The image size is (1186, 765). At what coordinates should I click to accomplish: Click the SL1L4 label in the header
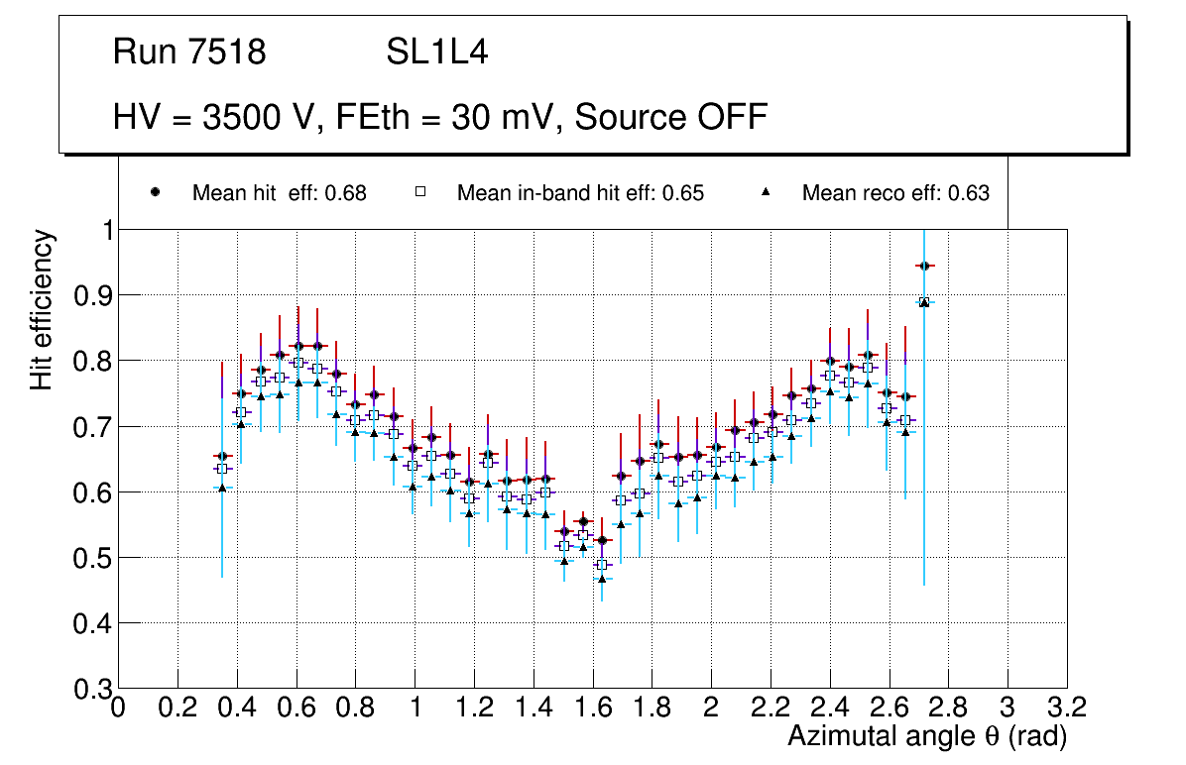coord(436,52)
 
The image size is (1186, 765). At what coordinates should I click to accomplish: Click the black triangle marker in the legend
coord(766,192)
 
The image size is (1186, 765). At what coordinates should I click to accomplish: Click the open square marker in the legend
coord(419,192)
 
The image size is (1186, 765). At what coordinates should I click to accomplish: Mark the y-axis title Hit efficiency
coord(43,309)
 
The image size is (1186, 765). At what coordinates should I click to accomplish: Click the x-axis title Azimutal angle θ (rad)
coord(927,736)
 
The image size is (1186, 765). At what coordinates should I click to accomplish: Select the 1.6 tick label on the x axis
coord(592,709)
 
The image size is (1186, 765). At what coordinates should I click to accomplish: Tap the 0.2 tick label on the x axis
coord(178,709)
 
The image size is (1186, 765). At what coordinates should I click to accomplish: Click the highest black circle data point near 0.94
coord(924,266)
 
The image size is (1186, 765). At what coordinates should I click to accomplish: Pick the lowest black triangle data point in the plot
coord(602,579)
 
